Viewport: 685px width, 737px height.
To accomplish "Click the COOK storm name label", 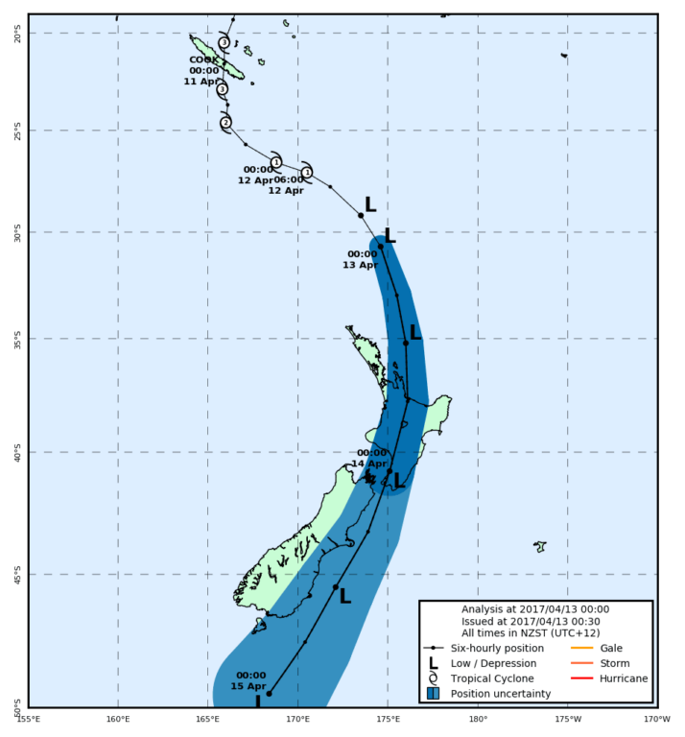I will coord(203,59).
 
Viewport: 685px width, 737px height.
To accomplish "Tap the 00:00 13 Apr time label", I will coord(360,259).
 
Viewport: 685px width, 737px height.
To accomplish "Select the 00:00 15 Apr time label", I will coord(250,680).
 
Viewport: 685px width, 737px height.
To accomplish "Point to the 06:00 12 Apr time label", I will coord(287,184).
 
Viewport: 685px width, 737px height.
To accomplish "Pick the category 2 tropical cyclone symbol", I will coord(225,123).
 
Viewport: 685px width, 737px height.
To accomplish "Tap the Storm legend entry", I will coord(611,664).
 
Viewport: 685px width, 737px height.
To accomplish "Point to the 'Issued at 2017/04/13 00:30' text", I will coord(535,621).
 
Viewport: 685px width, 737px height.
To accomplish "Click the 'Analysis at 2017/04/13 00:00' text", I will coord(535,608).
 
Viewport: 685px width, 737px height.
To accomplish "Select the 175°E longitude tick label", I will coord(388,718).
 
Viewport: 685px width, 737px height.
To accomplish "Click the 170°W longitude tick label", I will coord(657,718).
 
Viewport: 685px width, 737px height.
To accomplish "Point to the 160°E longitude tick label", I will coord(118,718).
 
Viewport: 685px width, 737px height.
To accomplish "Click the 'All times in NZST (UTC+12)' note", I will coord(535,633).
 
